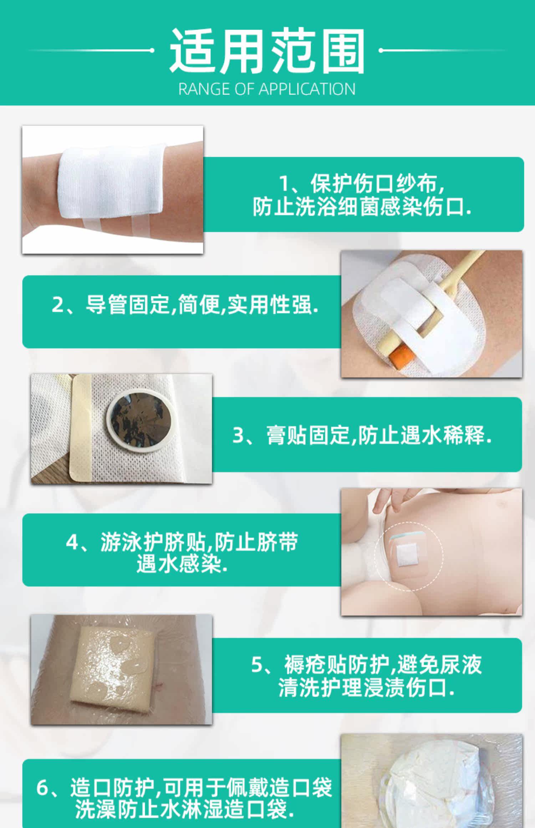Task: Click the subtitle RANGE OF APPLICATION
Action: [x=267, y=89]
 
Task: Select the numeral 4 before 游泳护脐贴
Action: [x=72, y=542]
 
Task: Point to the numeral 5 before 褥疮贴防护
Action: [x=257, y=665]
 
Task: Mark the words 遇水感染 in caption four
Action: [x=178, y=564]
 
